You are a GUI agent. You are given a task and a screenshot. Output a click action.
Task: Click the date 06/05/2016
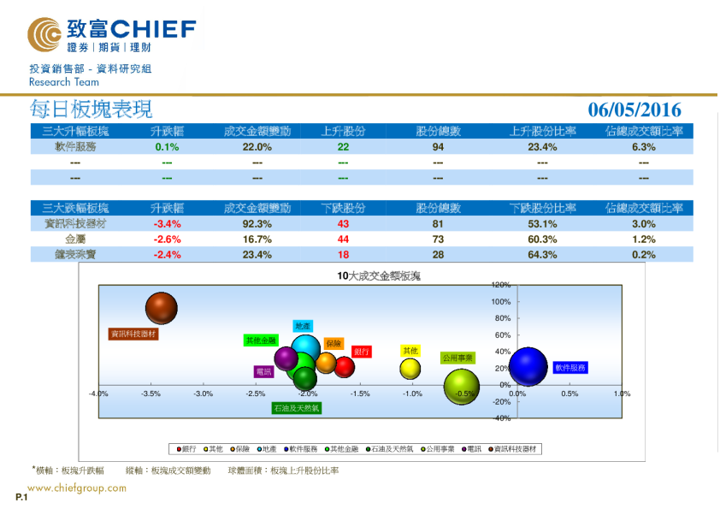pyautogui.click(x=634, y=109)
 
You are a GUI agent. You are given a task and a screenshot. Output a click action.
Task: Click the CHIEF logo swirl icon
pyautogui.click(x=44, y=35)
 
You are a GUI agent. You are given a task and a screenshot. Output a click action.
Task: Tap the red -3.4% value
pyautogui.click(x=166, y=224)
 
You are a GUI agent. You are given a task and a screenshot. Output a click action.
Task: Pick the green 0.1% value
pyautogui.click(x=166, y=147)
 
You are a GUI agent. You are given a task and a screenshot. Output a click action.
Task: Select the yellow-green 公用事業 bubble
pyautogui.click(x=462, y=386)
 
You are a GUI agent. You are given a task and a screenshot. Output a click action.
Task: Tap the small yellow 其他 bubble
pyautogui.click(x=410, y=369)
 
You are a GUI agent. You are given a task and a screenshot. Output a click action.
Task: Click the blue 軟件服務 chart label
pyautogui.click(x=570, y=368)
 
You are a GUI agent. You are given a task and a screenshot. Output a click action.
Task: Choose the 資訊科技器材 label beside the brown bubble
pyautogui.click(x=133, y=334)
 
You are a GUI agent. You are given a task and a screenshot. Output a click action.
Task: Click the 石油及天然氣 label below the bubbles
pyautogui.click(x=296, y=408)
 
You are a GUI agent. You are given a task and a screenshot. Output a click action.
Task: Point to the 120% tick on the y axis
pyautogui.click(x=501, y=285)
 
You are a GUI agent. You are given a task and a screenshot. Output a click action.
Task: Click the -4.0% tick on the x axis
pyautogui.click(x=98, y=394)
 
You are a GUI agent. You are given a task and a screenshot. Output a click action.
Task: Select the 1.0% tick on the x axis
pyautogui.click(x=622, y=394)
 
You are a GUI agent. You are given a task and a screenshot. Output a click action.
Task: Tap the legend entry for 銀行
pyautogui.click(x=186, y=448)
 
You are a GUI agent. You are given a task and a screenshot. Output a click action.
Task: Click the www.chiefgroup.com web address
pyautogui.click(x=77, y=488)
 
